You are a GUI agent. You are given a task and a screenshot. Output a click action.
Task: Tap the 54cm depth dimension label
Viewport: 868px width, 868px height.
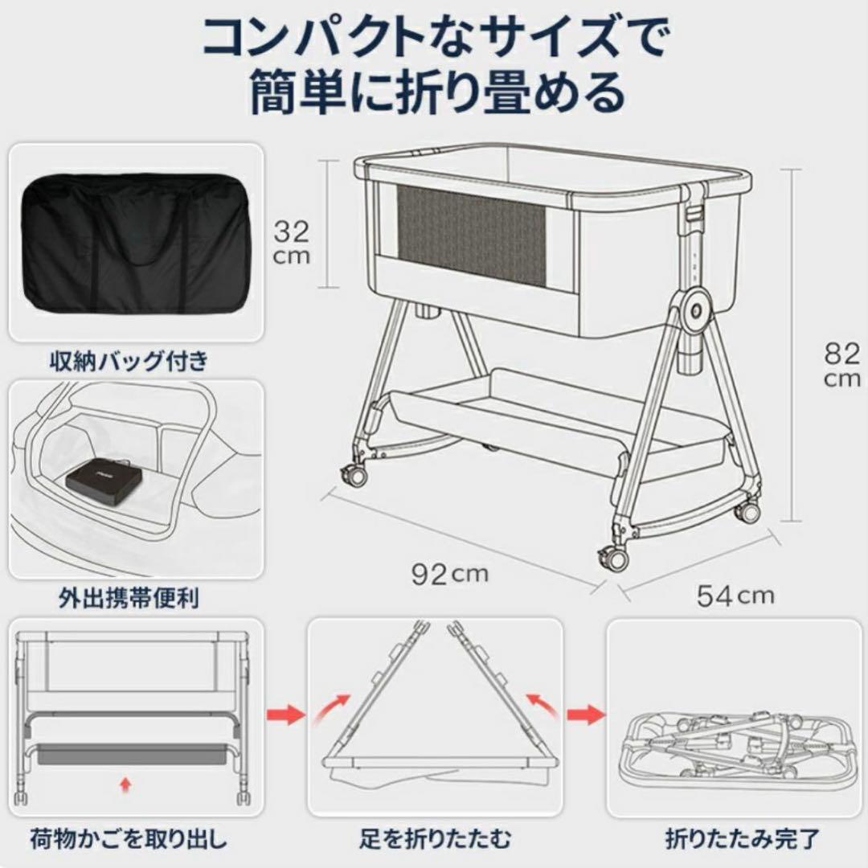pyautogui.click(x=735, y=596)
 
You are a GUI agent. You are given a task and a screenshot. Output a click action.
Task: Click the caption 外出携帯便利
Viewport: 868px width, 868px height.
pyautogui.click(x=128, y=599)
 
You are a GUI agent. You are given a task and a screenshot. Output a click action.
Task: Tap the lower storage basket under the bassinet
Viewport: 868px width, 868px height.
pyautogui.click(x=555, y=418)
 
